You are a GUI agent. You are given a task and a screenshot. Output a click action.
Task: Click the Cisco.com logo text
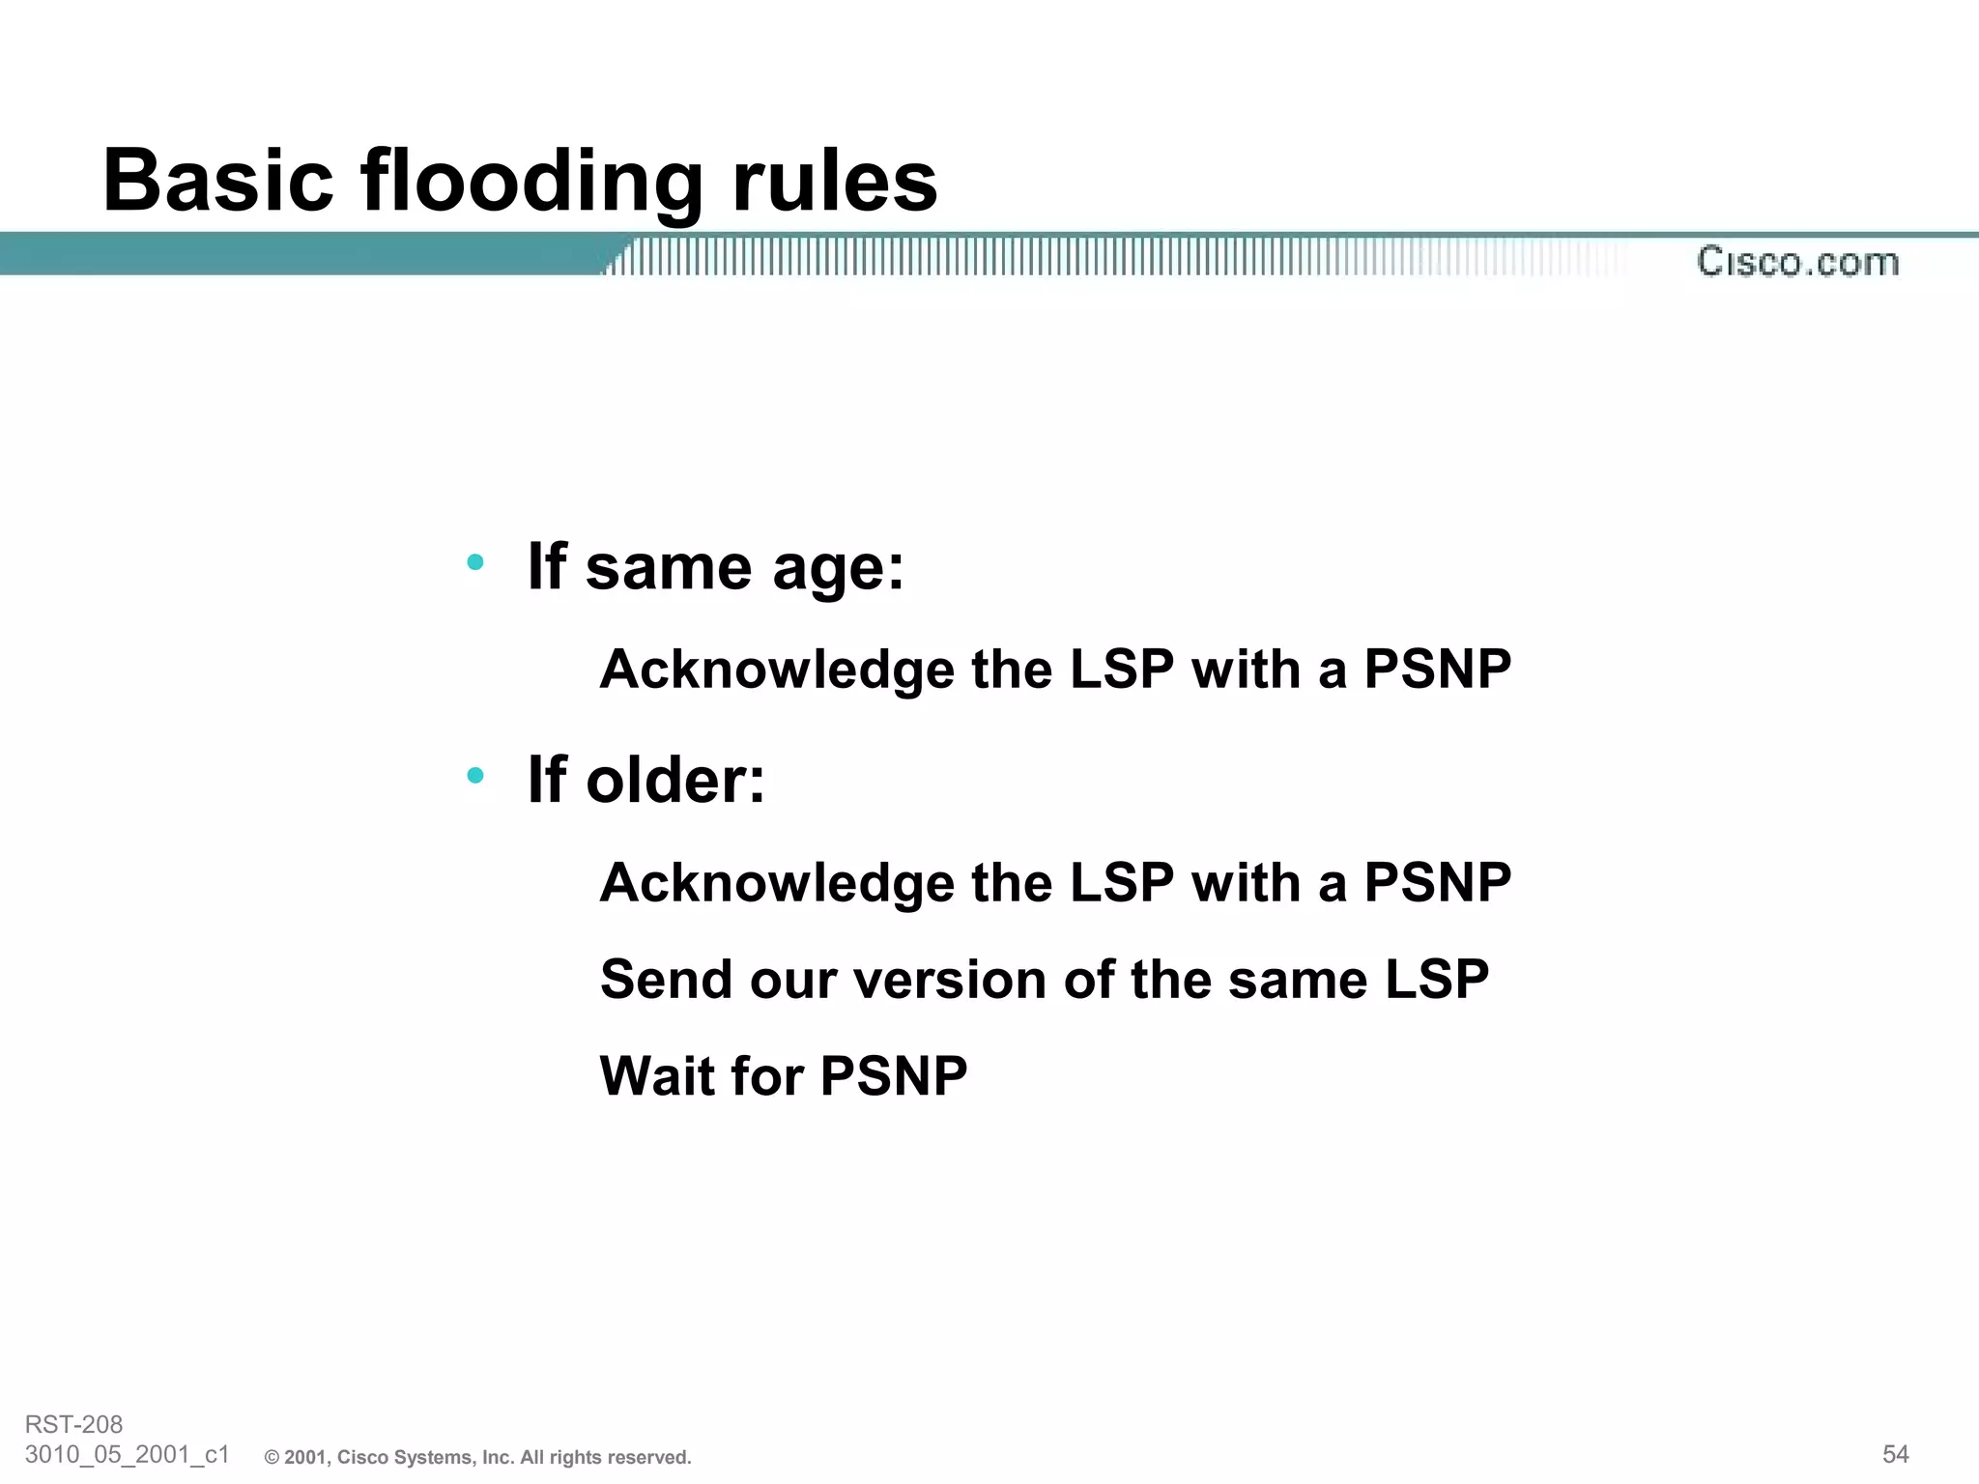[1798, 262]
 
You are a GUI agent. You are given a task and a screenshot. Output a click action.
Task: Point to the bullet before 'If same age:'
[474, 561]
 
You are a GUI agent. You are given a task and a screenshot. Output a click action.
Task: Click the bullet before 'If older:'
[474, 775]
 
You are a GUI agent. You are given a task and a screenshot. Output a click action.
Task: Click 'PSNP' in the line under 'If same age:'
[1437, 669]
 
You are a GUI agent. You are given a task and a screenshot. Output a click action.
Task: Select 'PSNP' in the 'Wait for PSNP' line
[893, 1076]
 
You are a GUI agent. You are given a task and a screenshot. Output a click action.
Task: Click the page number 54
[1895, 1454]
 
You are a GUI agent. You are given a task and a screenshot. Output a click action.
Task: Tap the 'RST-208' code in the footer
[73, 1424]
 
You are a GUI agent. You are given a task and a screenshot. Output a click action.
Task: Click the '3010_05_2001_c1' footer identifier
[127, 1454]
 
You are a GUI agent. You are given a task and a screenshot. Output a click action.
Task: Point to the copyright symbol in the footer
[272, 1458]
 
